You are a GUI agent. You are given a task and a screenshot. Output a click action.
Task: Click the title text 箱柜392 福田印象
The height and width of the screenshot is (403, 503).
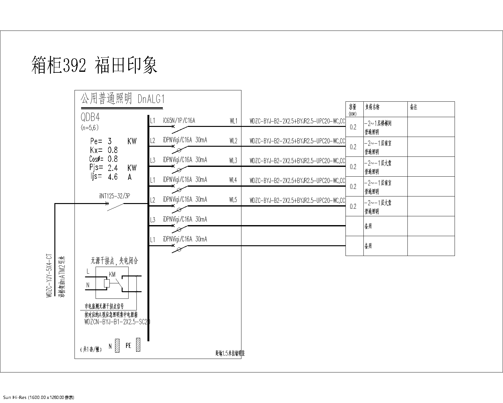(94, 65)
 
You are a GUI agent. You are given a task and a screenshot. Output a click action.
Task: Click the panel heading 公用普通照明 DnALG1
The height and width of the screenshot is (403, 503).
(123, 99)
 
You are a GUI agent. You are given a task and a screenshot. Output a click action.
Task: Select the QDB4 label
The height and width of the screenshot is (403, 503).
(90, 117)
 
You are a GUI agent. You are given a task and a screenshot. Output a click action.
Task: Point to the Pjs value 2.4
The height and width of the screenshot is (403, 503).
(113, 168)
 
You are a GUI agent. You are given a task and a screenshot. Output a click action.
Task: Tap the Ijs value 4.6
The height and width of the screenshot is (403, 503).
(113, 177)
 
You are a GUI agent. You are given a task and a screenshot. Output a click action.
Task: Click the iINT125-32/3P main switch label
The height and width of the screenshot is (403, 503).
(114, 196)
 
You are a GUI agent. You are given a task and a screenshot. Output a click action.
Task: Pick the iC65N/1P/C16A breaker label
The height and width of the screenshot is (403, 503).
(179, 121)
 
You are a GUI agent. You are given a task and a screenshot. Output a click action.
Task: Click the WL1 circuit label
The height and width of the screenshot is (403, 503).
(233, 121)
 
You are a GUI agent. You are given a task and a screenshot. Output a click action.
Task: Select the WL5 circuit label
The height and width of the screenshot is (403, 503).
(233, 200)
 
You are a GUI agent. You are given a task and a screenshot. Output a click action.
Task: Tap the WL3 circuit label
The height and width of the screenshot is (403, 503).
(233, 161)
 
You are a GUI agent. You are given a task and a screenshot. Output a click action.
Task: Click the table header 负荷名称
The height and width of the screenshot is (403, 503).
(372, 107)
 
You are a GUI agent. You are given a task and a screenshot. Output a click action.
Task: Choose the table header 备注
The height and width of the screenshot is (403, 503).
(413, 107)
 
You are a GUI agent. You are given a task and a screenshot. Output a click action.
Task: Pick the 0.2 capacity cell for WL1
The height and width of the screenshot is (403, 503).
(353, 127)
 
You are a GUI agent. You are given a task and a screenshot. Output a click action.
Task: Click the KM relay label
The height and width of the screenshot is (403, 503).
(112, 275)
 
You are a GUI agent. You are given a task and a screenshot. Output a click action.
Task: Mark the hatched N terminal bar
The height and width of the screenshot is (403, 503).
(117, 345)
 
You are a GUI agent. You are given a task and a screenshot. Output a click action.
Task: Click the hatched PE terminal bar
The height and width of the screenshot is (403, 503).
(138, 345)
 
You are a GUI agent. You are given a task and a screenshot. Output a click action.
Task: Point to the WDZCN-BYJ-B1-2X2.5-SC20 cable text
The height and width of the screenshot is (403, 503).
(117, 322)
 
